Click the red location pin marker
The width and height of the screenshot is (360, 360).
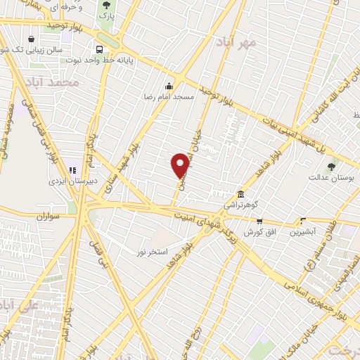180,165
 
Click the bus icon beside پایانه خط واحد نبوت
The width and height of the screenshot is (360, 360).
99,49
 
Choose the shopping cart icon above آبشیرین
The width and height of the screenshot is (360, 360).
303,221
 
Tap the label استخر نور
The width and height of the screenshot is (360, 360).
154,252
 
